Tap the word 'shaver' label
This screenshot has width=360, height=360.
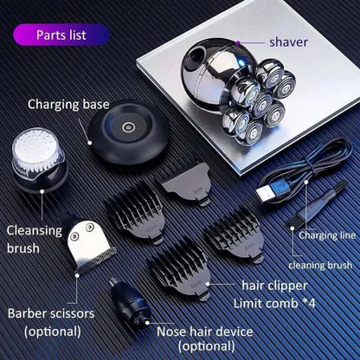288,41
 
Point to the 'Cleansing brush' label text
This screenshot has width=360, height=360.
35,239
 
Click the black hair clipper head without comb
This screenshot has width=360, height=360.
185,181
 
